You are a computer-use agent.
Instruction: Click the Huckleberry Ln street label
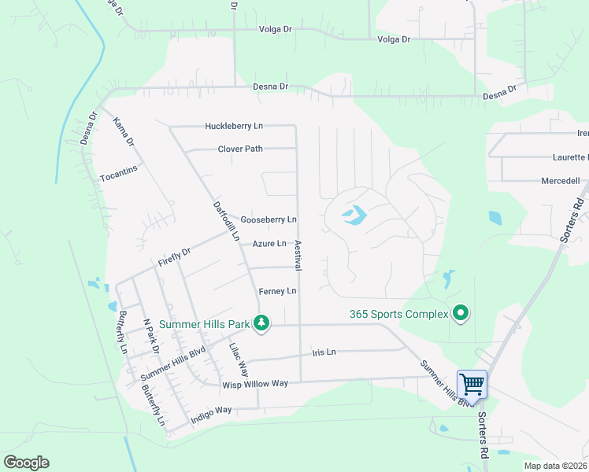(234, 126)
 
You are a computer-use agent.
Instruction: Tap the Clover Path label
(240, 149)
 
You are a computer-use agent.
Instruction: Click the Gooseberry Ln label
(269, 219)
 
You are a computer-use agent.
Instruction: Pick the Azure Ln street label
(269, 244)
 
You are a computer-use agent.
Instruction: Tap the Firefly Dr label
(174, 257)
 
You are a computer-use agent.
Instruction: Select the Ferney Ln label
(277, 291)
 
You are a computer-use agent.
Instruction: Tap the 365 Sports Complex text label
(398, 314)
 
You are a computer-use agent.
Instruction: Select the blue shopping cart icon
(472, 385)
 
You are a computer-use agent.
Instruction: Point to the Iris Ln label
(324, 352)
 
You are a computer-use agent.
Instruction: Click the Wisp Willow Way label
(256, 384)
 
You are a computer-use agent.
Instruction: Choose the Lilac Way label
(239, 360)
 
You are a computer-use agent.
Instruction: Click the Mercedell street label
(561, 181)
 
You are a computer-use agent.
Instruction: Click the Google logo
(26, 463)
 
